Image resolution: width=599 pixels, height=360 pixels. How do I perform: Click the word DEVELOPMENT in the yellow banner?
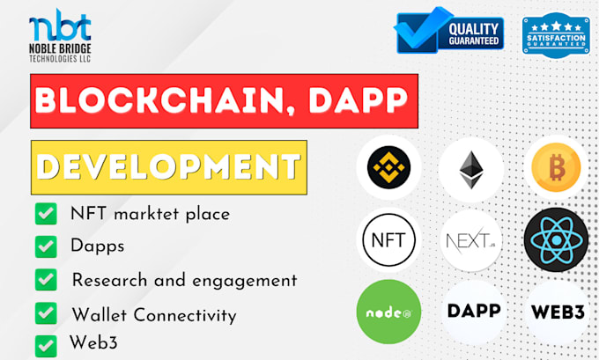coord(168,166)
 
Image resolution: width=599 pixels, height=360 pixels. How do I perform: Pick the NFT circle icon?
coord(388,239)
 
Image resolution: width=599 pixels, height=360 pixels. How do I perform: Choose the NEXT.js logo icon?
coord(471,239)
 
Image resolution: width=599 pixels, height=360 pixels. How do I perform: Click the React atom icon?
coord(555,239)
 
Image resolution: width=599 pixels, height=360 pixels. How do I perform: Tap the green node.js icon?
coord(388,312)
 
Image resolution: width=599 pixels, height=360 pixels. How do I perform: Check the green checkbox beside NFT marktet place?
coord(43,213)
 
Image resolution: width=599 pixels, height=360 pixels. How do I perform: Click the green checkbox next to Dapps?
coord(43,246)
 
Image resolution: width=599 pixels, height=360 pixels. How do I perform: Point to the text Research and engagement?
coord(184,281)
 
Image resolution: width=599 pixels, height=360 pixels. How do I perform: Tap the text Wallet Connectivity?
coord(153,314)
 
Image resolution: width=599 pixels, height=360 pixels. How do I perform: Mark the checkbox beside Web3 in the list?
coord(43,345)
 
